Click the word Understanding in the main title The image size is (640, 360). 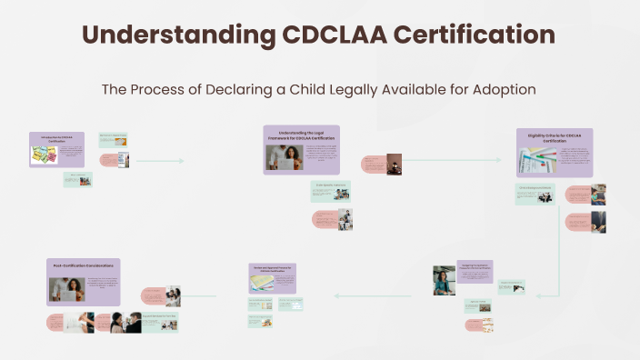[174, 35]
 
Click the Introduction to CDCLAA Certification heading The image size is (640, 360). [56, 138]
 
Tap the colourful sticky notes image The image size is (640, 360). [45, 155]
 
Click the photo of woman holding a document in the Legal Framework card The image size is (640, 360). [284, 157]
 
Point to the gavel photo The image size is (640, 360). [394, 164]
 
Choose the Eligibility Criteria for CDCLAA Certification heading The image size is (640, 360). [554, 137]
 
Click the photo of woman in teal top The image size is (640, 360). [444, 280]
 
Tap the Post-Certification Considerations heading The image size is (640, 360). [83, 265]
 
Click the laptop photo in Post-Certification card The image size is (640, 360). [66, 290]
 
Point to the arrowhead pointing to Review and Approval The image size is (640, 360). [337, 295]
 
